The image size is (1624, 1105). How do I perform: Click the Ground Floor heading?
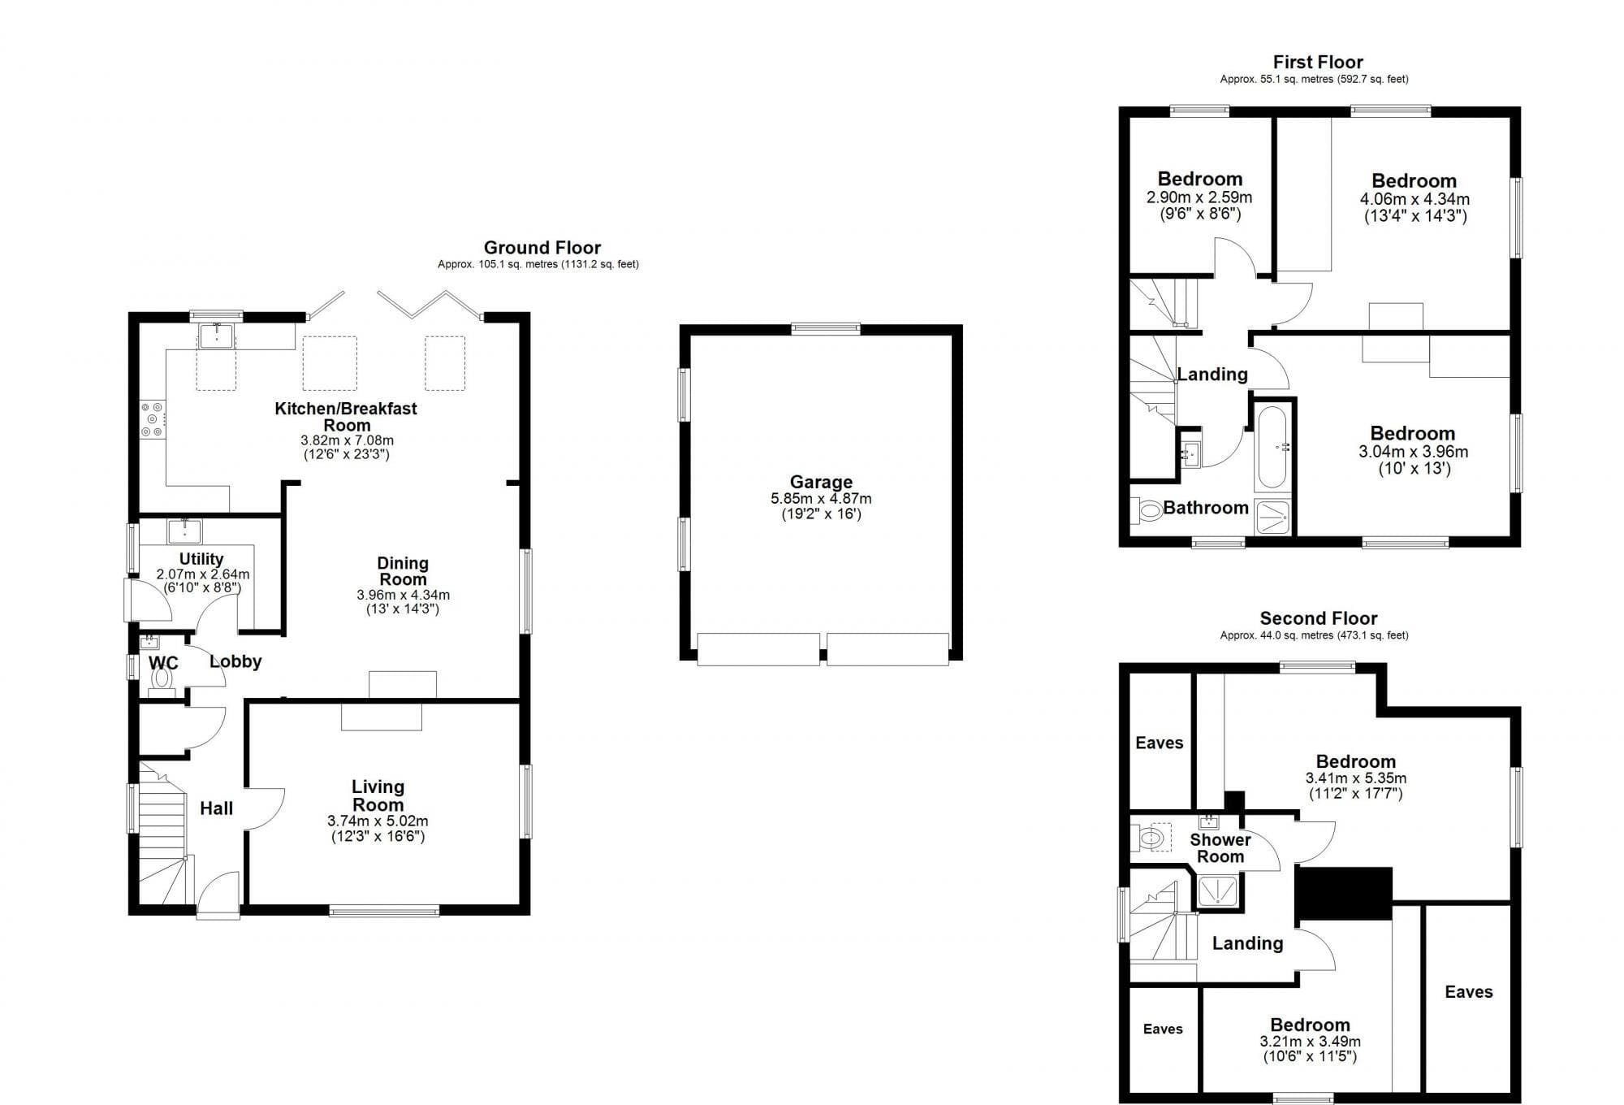click(542, 248)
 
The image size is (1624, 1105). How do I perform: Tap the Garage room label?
click(821, 482)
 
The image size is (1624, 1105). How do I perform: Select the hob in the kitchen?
click(152, 419)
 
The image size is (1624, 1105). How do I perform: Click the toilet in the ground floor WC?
click(162, 679)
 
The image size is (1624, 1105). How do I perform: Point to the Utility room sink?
click(184, 531)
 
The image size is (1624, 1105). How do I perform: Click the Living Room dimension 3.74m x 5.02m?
click(378, 821)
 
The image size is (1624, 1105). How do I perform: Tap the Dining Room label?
click(403, 570)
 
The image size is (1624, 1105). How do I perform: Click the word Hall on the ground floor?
click(216, 808)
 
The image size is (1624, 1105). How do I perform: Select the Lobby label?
click(235, 661)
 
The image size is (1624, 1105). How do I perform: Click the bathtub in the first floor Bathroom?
click(1271, 446)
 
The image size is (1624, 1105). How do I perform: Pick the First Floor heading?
click(1318, 62)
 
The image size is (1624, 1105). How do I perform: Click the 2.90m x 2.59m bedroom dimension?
click(1199, 197)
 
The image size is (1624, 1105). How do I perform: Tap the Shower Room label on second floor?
click(1220, 848)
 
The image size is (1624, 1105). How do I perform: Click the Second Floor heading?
click(1319, 618)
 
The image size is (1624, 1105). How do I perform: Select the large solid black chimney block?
click(1344, 893)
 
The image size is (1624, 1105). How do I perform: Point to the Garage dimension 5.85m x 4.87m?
click(821, 499)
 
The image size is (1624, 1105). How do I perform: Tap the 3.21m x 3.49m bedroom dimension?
click(1311, 1042)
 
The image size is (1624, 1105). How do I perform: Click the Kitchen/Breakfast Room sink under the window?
click(217, 336)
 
